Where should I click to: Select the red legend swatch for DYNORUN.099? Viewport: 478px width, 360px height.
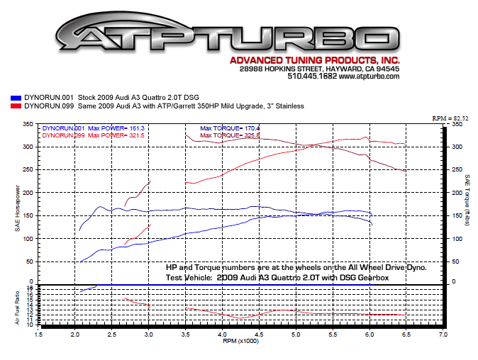(x=15, y=106)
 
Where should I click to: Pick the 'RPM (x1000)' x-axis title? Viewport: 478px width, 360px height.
(x=240, y=341)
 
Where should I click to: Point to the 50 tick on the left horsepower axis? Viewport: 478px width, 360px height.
(x=30, y=261)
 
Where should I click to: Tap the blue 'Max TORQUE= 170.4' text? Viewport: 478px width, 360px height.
(x=230, y=129)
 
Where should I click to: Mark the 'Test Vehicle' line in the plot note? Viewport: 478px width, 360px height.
(x=277, y=278)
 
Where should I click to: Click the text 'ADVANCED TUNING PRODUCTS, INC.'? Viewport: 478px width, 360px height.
(x=320, y=60)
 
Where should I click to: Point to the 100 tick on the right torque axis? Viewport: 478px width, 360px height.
(x=457, y=238)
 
